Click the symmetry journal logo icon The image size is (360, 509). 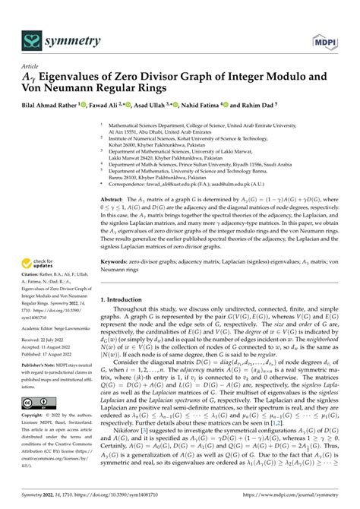(x=31, y=19)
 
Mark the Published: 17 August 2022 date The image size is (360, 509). (x=52, y=353)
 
